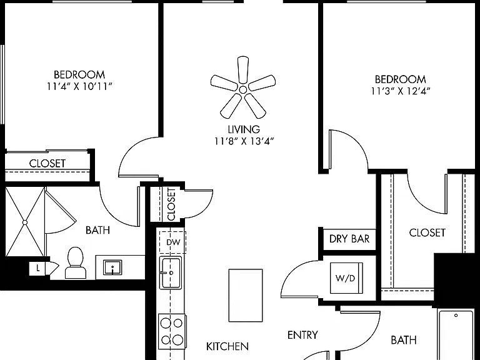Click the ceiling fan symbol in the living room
242,89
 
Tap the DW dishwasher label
173,242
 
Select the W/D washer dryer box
346,278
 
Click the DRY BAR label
349,239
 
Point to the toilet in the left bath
75,263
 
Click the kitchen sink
171,272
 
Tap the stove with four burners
172,331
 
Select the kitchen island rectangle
246,296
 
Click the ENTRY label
302,335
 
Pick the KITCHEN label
227,346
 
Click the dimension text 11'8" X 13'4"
244,141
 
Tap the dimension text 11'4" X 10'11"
79,87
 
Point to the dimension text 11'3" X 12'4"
401,91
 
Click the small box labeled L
37,269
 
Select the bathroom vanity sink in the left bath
112,267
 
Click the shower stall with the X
25,222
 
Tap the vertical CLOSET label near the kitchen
171,204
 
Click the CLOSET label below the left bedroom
47,164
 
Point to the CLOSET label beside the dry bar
427,233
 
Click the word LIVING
244,129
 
